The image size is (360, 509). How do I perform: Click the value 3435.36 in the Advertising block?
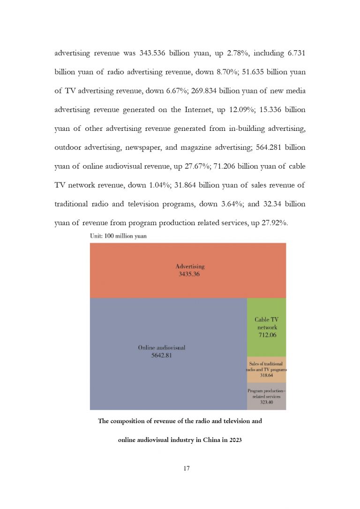point(189,274)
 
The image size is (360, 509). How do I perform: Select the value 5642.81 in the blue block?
point(162,355)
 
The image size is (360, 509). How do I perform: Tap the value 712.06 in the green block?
point(267,335)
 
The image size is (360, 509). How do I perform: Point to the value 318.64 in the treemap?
point(267,375)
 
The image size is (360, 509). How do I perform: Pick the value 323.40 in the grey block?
point(267,402)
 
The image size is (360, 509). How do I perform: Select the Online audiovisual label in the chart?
point(162,348)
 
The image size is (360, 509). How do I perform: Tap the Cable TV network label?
point(267,323)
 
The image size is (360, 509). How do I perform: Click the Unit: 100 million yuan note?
point(118,236)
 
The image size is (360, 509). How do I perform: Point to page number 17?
point(180,468)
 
